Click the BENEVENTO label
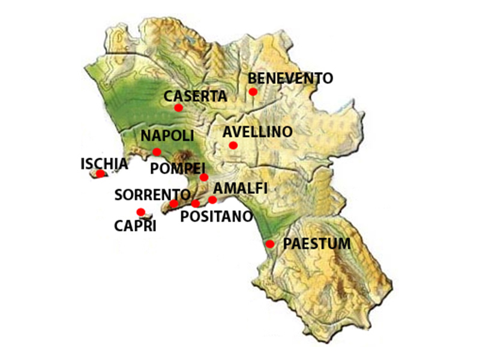pos(290,78)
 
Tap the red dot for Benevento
pos(253,92)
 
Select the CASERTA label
pos(196,96)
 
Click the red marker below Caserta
pos(178,108)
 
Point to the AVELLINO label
pos(257,132)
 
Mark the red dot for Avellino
pos(233,145)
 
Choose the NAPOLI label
pos(167,136)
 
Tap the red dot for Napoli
pos(157,152)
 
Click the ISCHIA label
pos(104,163)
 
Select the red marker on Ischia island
pos(100,174)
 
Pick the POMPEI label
pos(178,168)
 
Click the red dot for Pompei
pos(204,177)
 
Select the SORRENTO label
pos(152,194)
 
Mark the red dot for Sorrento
pos(173,204)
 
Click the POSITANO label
pos(217,216)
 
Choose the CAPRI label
pos(135,226)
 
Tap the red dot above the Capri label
pos(140,212)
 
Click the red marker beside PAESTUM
pos(270,244)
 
